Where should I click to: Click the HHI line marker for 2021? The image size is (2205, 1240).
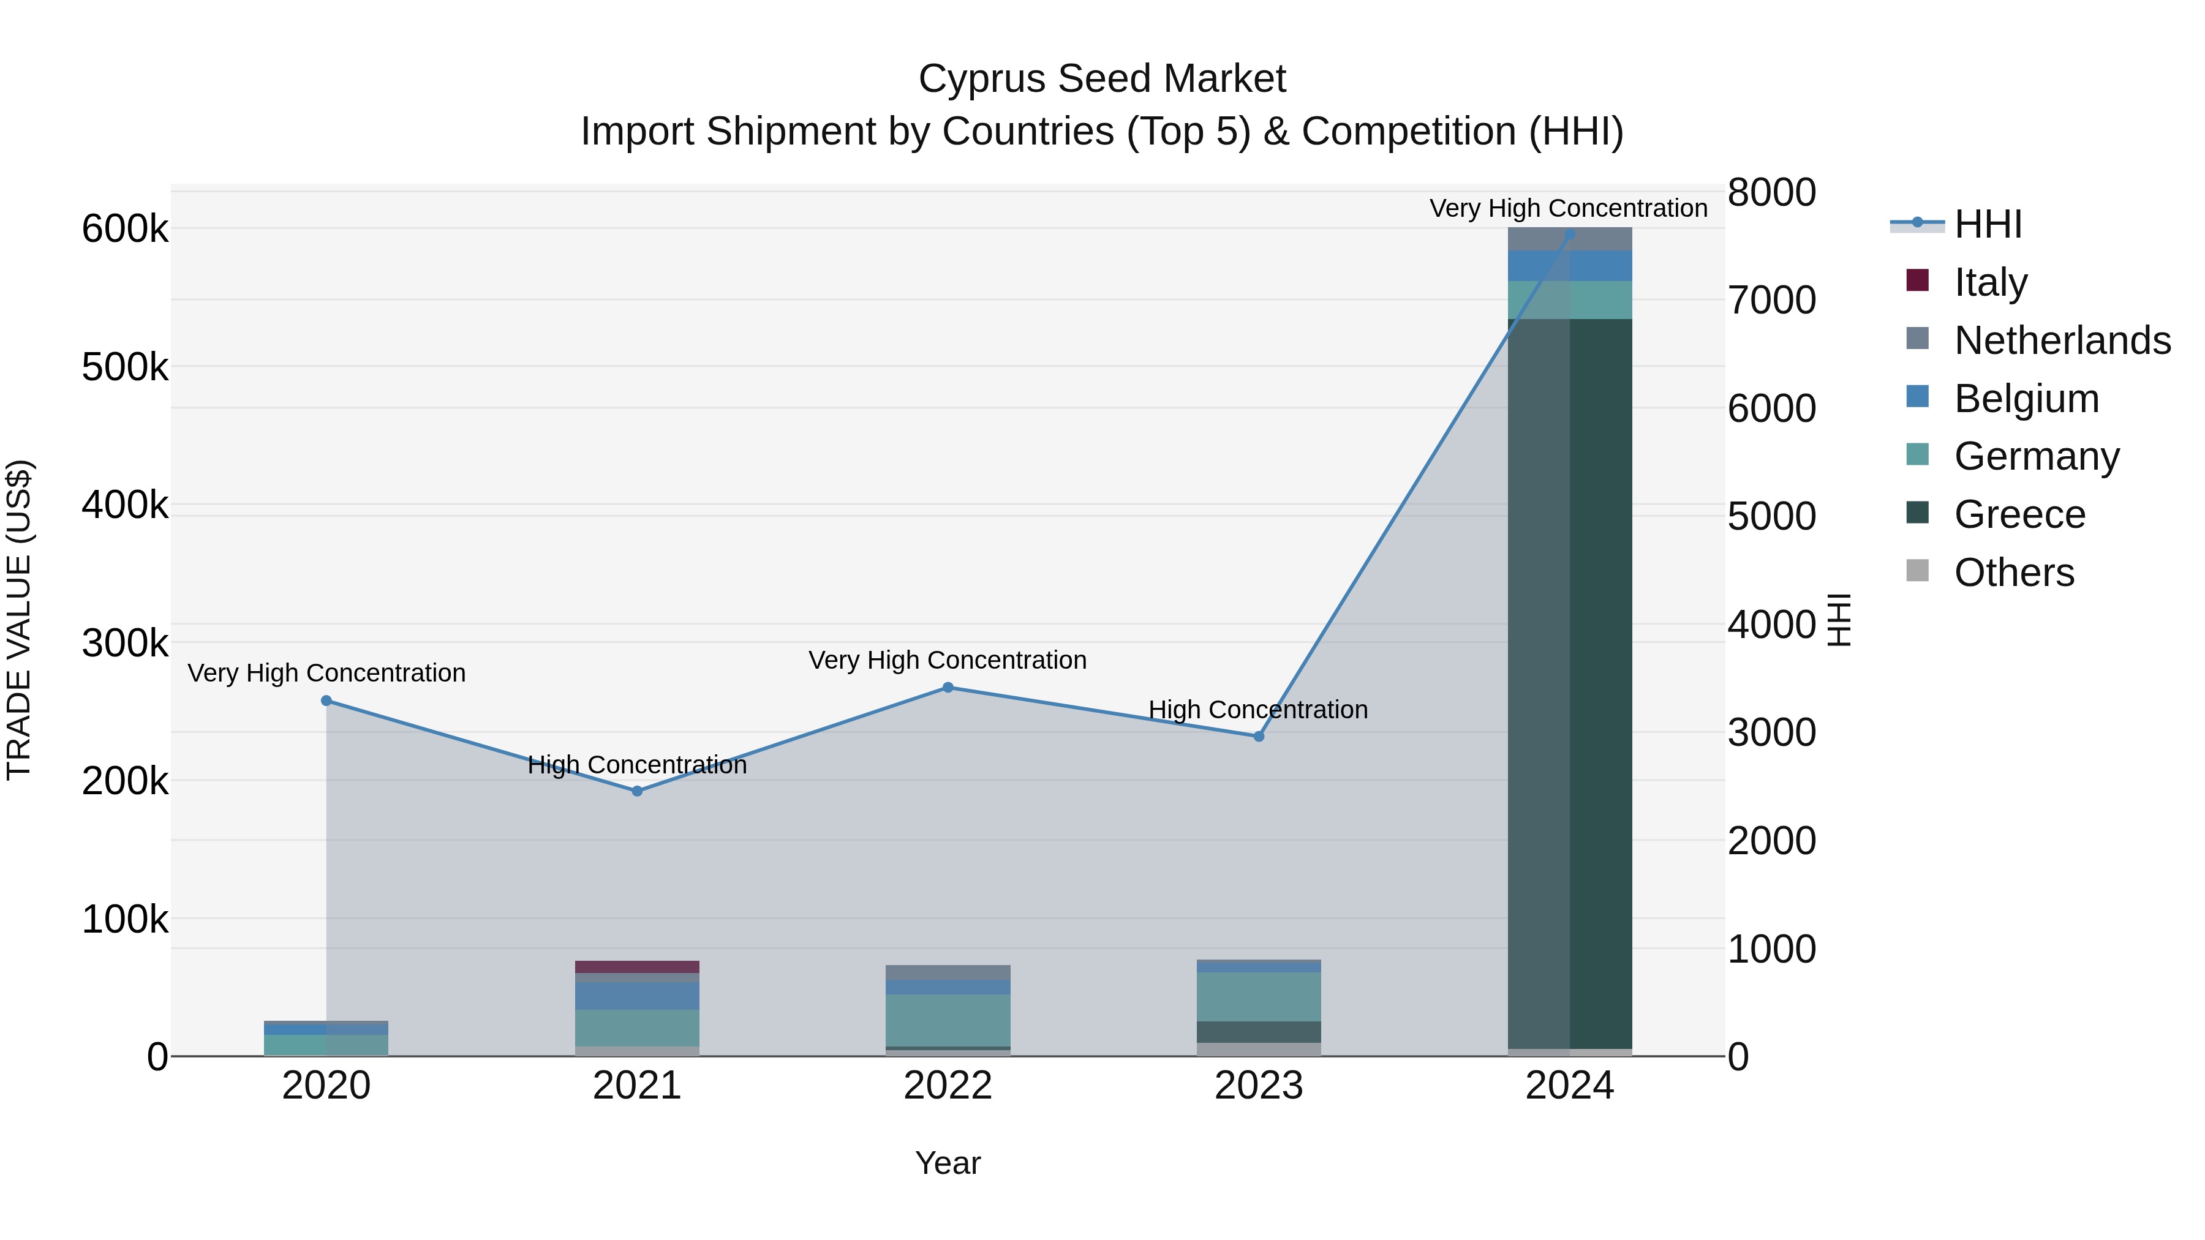click(x=637, y=791)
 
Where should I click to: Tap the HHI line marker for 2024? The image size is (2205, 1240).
click(x=1569, y=234)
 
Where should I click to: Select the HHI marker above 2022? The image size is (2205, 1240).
click(x=948, y=687)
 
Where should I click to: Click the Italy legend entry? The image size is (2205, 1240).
click(x=1990, y=282)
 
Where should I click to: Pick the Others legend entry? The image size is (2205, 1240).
click(x=2013, y=572)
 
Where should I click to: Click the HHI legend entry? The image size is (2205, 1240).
click(x=1988, y=224)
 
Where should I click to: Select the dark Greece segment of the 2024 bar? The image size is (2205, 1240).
click(x=1569, y=685)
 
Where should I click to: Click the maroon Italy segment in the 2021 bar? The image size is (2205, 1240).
click(x=637, y=966)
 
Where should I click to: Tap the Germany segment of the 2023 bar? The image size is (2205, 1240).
click(x=1258, y=996)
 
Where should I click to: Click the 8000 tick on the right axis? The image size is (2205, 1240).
click(x=1771, y=192)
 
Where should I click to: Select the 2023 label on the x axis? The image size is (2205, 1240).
click(x=1258, y=1086)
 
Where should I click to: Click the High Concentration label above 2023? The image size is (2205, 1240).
click(x=1257, y=710)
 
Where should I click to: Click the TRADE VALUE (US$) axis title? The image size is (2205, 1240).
click(x=19, y=620)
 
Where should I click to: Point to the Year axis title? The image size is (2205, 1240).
click(x=948, y=1163)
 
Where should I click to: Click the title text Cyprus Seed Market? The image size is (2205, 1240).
click(x=1102, y=79)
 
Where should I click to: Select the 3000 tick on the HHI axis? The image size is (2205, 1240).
click(x=1771, y=732)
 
